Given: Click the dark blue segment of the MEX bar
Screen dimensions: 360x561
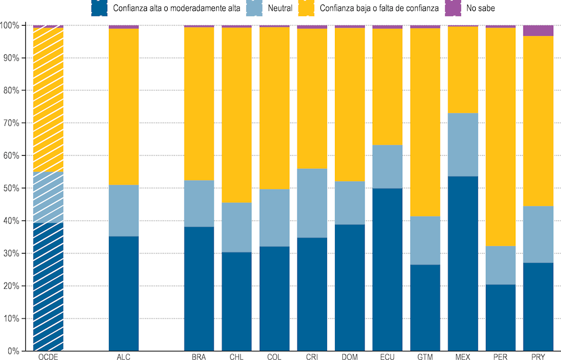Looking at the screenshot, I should (x=463, y=264).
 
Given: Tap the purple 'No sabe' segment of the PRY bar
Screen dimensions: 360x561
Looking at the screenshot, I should (x=538, y=31).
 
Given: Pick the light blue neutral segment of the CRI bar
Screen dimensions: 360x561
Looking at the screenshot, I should (x=312, y=203).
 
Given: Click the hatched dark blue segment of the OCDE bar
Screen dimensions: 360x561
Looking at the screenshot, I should (x=48, y=287).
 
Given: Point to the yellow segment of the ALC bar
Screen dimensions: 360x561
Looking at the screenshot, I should (x=123, y=107).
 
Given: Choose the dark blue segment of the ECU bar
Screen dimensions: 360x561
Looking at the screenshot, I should (x=387, y=270).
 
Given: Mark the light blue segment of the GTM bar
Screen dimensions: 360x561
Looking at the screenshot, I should (x=425, y=241).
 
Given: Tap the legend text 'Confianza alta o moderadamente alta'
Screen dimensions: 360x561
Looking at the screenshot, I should (x=177, y=8).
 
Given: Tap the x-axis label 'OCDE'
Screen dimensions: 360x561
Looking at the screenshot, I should (x=48, y=356).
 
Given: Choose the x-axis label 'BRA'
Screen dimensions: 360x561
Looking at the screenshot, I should (x=199, y=356).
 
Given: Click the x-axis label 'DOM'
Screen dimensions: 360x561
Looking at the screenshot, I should (x=350, y=356).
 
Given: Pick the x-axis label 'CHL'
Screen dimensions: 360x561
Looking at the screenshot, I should (x=236, y=356).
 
